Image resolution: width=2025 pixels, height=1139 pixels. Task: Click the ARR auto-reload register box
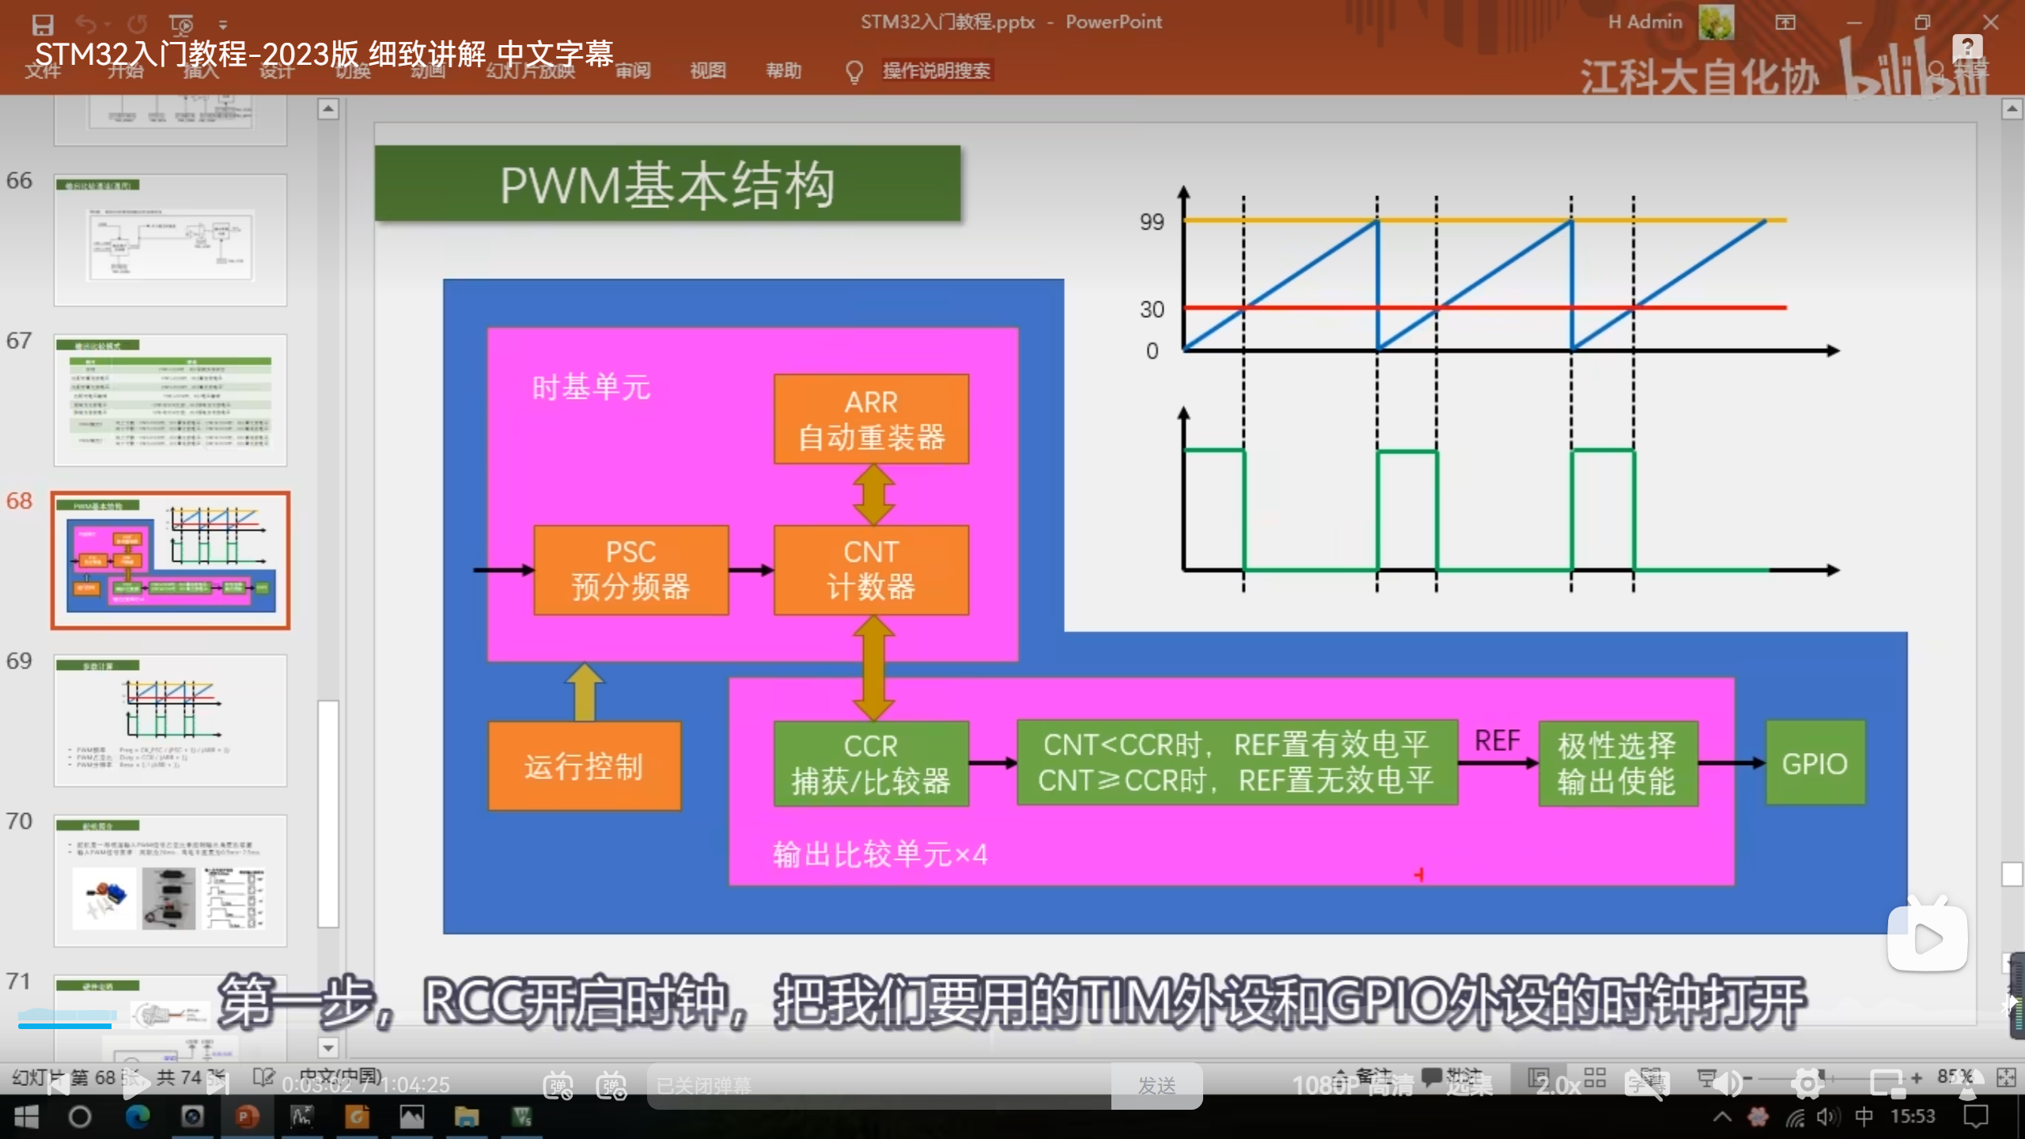(x=871, y=418)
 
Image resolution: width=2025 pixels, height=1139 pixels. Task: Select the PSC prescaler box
(x=630, y=569)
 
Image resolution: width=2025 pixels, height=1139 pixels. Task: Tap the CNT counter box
(x=871, y=569)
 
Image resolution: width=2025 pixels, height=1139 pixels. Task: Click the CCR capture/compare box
(x=871, y=763)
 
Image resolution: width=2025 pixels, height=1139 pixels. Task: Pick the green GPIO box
(x=1815, y=763)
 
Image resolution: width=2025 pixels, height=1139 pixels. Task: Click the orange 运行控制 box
(x=584, y=766)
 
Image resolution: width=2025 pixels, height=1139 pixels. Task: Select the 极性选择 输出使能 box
(x=1617, y=763)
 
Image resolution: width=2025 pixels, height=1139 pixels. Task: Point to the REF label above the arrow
(x=1497, y=741)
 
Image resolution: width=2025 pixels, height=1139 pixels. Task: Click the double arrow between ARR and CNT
(x=873, y=494)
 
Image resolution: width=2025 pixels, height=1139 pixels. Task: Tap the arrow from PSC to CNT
(x=751, y=569)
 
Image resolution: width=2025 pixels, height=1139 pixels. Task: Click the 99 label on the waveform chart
(x=1152, y=221)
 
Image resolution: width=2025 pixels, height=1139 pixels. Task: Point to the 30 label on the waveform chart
(x=1152, y=309)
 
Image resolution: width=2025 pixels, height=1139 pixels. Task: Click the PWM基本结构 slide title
(x=667, y=185)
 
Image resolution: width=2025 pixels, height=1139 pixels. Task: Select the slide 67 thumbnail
(x=170, y=399)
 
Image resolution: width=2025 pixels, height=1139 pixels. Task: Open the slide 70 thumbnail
(x=170, y=880)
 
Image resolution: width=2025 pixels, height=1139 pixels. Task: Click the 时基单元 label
(x=591, y=388)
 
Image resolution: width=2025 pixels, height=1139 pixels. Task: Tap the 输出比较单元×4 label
(x=880, y=854)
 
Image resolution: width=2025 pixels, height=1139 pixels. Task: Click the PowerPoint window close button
(x=1990, y=22)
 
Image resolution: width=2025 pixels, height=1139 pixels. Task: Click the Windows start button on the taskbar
(x=26, y=1117)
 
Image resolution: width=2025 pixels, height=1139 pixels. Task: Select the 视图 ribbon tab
(x=707, y=71)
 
